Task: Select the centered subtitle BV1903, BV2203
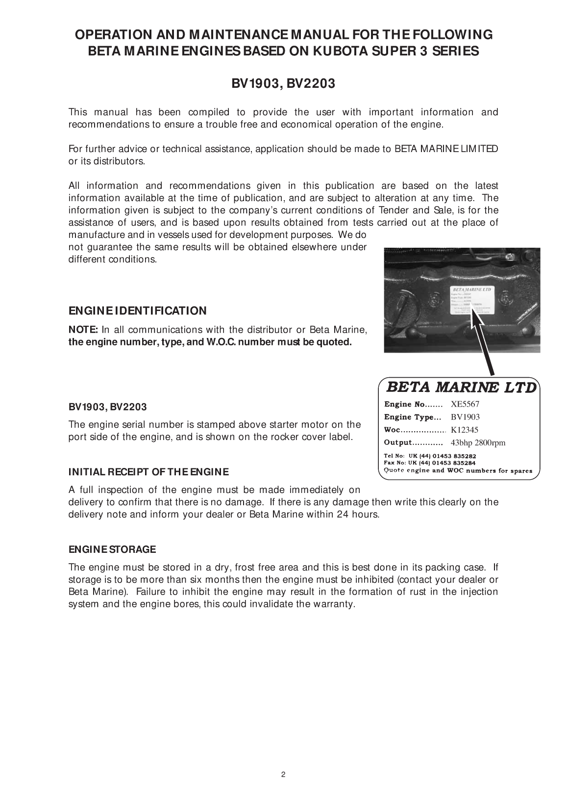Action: (x=283, y=84)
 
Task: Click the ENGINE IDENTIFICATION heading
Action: (x=137, y=311)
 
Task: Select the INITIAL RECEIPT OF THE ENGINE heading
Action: (x=148, y=472)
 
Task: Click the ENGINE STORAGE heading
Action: (x=112, y=549)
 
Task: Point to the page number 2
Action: (x=283, y=776)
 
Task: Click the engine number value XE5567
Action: (x=465, y=405)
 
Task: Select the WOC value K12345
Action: (x=464, y=430)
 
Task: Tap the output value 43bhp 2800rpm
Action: (x=477, y=443)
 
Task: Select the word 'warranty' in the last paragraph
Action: (x=336, y=604)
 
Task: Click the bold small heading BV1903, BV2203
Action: (x=107, y=407)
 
